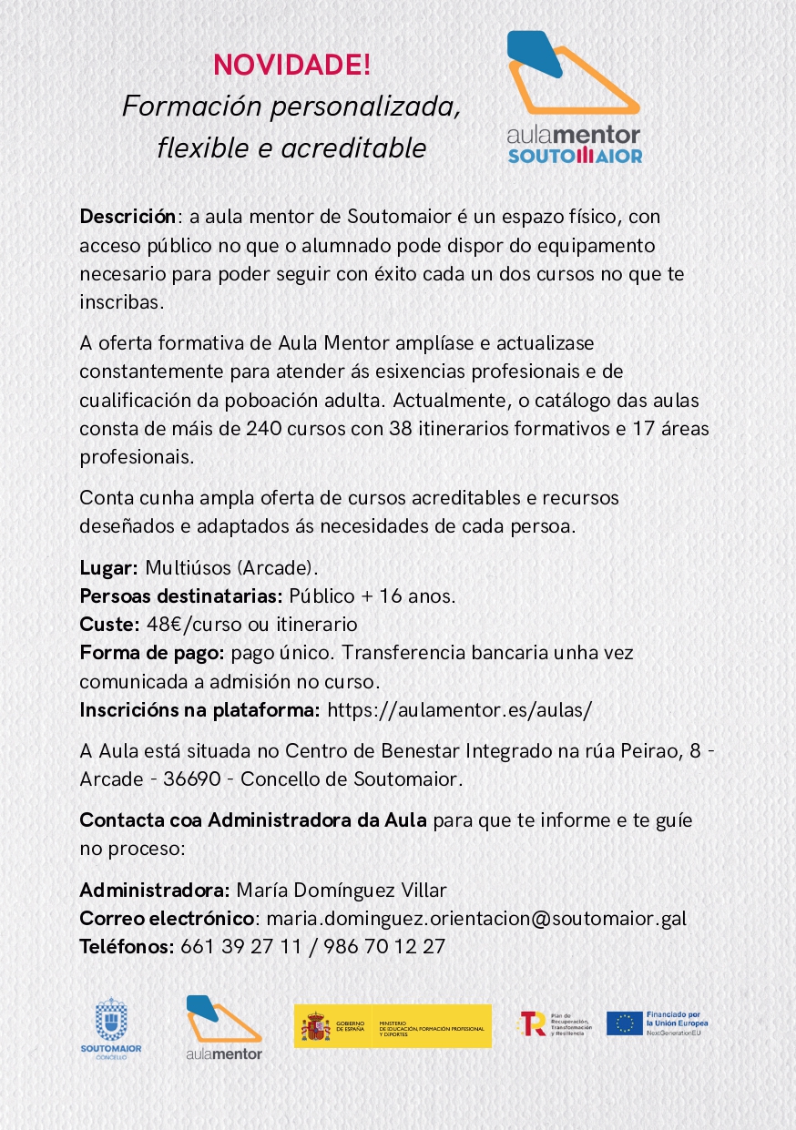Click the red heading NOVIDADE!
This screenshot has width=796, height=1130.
pos(291,66)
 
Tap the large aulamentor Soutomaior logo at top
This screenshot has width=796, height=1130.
pos(574,97)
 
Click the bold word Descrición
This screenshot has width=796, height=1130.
pos(128,217)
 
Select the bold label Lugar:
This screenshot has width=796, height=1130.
pos(108,568)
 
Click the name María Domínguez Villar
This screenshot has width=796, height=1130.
pos(342,890)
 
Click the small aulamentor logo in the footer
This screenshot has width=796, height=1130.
pos(223,1028)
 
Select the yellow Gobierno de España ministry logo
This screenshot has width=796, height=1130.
pos(393,1026)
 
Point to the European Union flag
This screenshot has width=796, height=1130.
pos(624,1023)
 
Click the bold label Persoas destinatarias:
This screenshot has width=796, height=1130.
pos(181,596)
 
